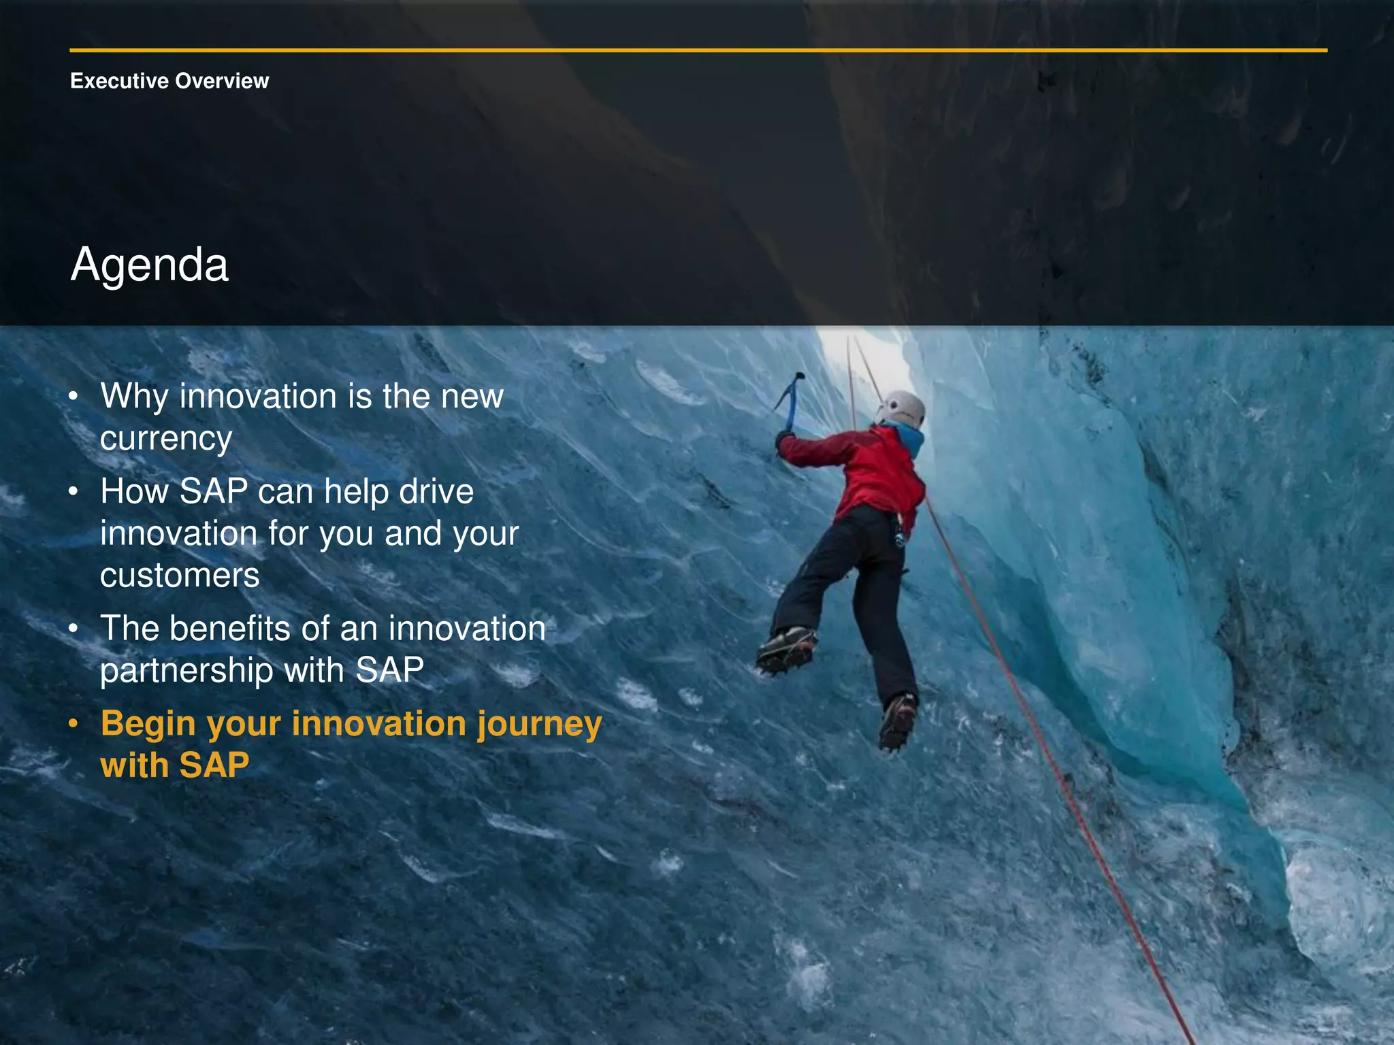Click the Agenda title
[150, 265]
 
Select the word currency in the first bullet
[166, 439]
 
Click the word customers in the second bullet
[180, 576]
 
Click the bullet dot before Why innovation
[74, 396]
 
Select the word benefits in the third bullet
[230, 628]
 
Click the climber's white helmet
[903, 409]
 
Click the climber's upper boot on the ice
[787, 648]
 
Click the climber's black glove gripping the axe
[784, 439]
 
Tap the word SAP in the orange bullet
[214, 765]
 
